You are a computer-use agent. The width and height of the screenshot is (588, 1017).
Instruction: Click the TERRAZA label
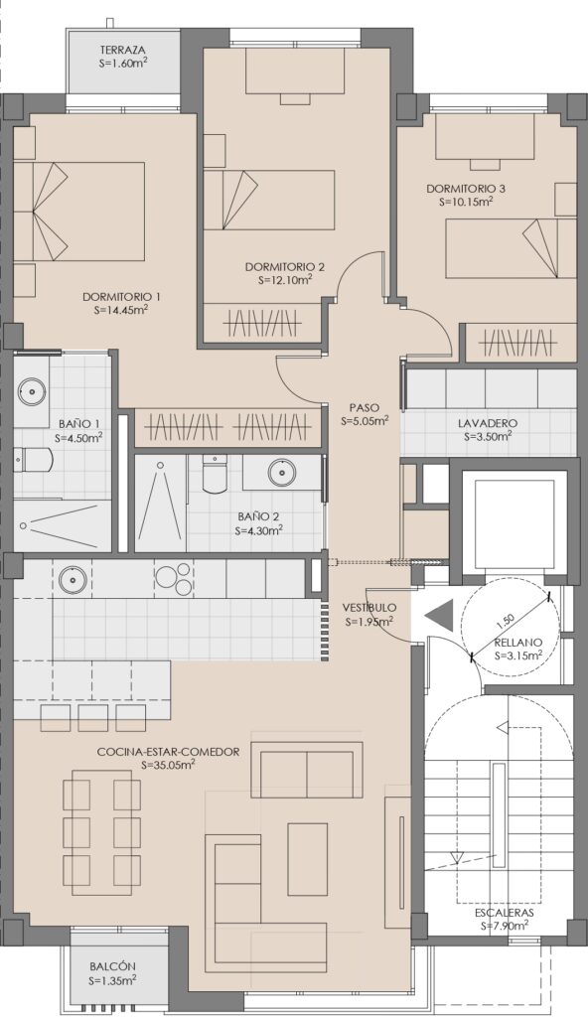pos(122,50)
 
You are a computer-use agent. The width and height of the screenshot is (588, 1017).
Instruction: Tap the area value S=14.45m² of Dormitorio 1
pos(121,310)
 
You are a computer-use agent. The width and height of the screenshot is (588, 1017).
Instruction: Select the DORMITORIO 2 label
pos(285,266)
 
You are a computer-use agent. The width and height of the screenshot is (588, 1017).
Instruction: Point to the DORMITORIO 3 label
pos(466,189)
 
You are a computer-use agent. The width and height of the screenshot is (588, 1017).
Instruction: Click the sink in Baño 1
pos(32,390)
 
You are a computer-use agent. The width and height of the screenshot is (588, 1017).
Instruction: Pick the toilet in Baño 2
pos(215,474)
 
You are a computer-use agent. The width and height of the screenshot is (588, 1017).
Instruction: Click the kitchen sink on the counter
pos(73,579)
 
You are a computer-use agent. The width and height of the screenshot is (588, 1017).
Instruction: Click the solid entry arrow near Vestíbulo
pos(438,615)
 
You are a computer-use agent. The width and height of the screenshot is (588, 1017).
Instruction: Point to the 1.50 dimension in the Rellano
pos(506,621)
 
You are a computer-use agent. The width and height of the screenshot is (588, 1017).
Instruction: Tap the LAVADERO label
pos(488,423)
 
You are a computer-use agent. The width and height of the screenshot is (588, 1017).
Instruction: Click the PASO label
pos(365,408)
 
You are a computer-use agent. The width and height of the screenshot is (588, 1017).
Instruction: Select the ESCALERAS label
pos(505,913)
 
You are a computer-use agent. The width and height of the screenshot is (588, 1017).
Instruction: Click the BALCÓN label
pos(113,966)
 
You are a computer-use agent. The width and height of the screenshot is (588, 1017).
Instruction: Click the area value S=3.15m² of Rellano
pos(517,655)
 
